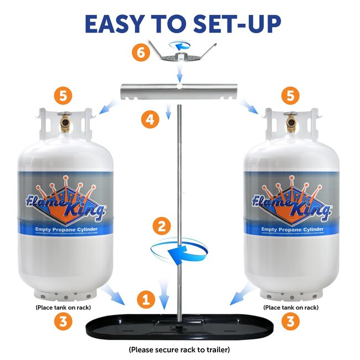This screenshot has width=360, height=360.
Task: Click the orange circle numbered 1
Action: pos(146,301)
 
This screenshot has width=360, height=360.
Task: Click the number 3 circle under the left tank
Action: pos(63,320)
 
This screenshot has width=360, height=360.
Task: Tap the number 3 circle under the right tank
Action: pos(290,320)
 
